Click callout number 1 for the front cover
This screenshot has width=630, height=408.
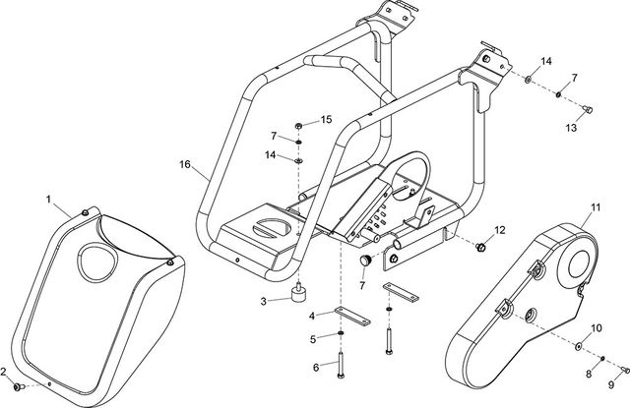coord(48,200)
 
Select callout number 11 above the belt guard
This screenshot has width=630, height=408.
coord(596,208)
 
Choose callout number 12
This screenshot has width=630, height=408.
coord(499,230)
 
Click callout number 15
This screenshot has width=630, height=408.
coord(328,120)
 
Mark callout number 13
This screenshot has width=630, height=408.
coord(571,127)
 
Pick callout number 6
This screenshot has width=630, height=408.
coord(316,367)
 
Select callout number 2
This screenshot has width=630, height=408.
coord(4,371)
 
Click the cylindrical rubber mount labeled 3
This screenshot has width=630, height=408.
coord(297,295)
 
